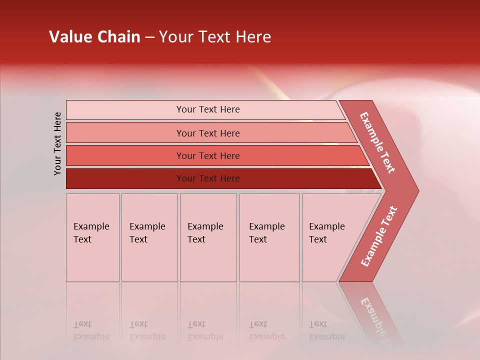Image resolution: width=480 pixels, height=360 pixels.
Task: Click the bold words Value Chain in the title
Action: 94,37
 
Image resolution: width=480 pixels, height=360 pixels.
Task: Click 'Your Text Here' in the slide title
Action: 215,37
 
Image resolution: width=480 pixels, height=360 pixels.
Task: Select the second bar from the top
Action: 208,133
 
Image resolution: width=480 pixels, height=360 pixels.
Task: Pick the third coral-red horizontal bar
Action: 208,155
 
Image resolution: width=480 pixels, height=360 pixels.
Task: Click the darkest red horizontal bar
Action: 208,178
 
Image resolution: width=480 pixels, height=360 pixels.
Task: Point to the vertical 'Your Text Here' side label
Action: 57,143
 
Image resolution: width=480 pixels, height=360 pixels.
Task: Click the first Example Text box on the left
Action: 92,237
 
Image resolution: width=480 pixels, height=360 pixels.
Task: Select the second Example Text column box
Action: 149,237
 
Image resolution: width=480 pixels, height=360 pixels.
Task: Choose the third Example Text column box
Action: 208,237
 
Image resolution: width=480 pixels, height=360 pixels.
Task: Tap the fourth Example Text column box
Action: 269,237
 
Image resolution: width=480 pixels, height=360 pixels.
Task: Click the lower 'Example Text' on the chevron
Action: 379,236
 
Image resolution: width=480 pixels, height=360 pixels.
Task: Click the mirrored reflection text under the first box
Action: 91,330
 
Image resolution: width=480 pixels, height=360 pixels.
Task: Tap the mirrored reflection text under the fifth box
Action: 326,330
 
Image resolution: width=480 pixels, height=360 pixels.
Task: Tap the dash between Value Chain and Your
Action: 149,37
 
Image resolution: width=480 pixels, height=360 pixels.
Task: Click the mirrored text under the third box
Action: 205,330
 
